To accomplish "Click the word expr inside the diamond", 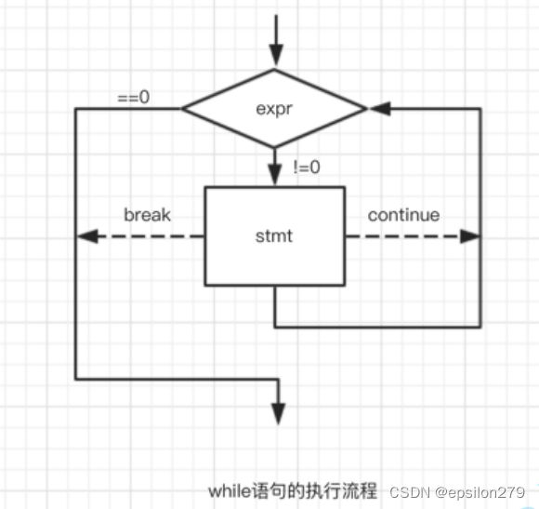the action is pyautogui.click(x=274, y=110).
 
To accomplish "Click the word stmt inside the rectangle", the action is pyautogui.click(x=274, y=236).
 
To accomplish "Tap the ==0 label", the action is pyautogui.click(x=134, y=97).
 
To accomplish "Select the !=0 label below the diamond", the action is pyautogui.click(x=307, y=167).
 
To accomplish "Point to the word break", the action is pyautogui.click(x=147, y=215).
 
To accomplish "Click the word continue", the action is pyautogui.click(x=403, y=215).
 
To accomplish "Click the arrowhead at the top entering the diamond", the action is pyautogui.click(x=276, y=54).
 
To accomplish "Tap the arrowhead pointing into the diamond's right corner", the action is pyautogui.click(x=380, y=109).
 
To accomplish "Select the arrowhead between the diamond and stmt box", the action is pyautogui.click(x=275, y=175).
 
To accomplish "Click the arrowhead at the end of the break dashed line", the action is pyautogui.click(x=87, y=236).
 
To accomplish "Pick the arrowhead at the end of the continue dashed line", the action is pyautogui.click(x=470, y=236).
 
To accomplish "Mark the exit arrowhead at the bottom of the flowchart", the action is pyautogui.click(x=279, y=414).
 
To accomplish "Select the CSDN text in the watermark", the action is pyautogui.click(x=410, y=492).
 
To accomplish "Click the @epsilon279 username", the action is pyautogui.click(x=480, y=493).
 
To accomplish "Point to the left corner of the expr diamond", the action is pyautogui.click(x=182, y=109).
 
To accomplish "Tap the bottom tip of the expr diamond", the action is pyautogui.click(x=274, y=148).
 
